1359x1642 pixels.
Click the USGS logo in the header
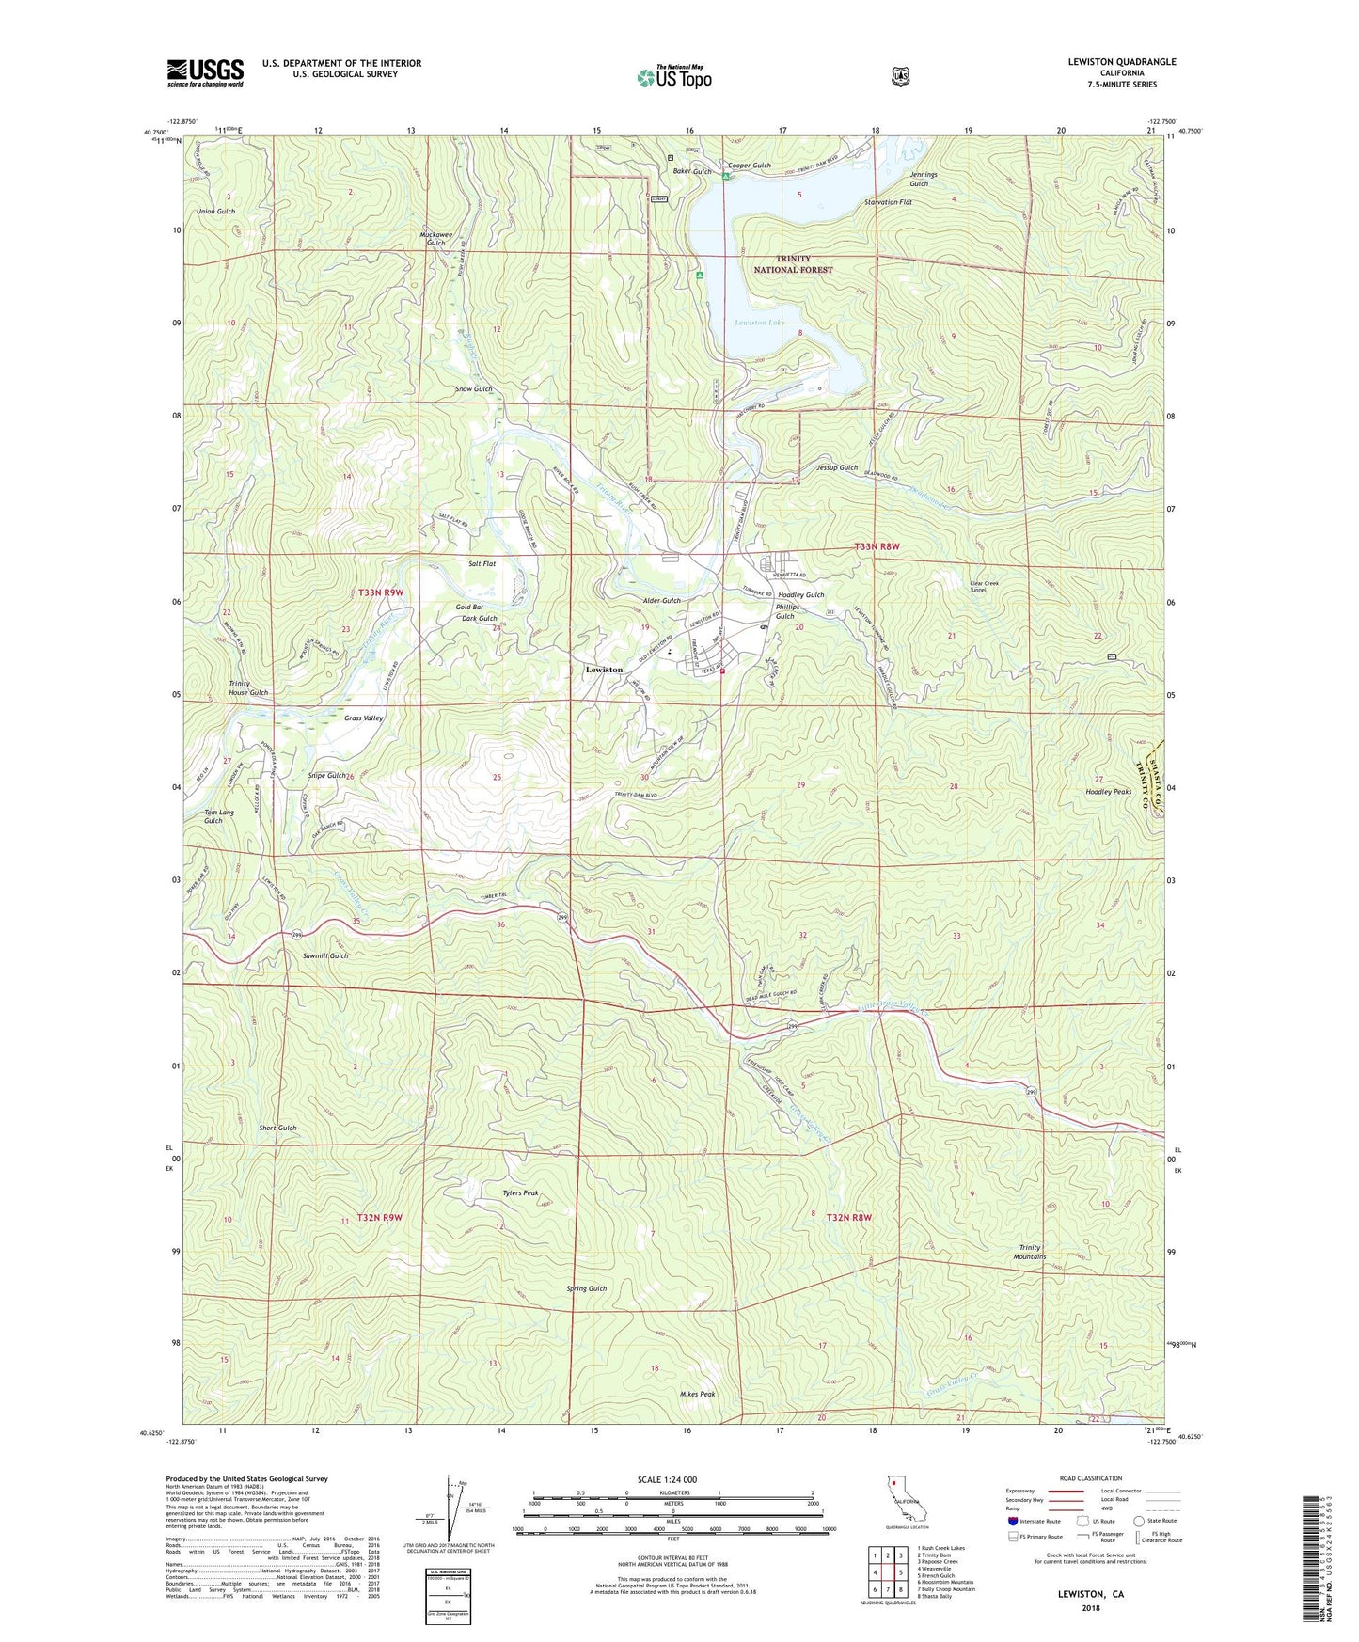tap(205, 72)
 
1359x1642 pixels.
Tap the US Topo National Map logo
tap(673, 76)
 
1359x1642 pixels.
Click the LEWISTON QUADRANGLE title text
tap(1121, 62)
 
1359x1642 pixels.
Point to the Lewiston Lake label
tap(760, 323)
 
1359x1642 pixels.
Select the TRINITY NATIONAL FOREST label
tap(793, 264)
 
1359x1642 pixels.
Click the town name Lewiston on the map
tap(604, 670)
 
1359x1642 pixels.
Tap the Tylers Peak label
tap(520, 1192)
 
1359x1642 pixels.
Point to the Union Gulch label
tap(215, 212)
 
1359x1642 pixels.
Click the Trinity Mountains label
tap(1031, 1252)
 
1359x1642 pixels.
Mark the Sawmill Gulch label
tap(325, 955)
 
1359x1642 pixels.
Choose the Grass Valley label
tap(363, 718)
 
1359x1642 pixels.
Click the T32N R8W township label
tap(849, 1217)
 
